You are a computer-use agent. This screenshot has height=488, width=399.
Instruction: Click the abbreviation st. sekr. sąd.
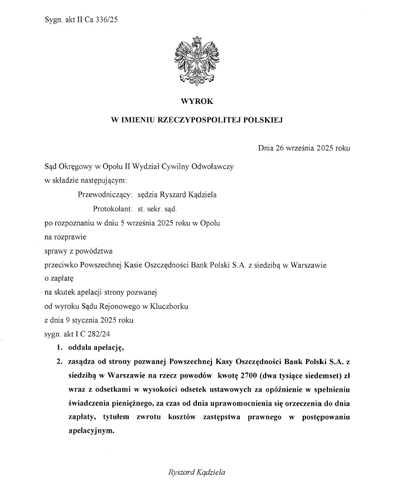157,208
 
